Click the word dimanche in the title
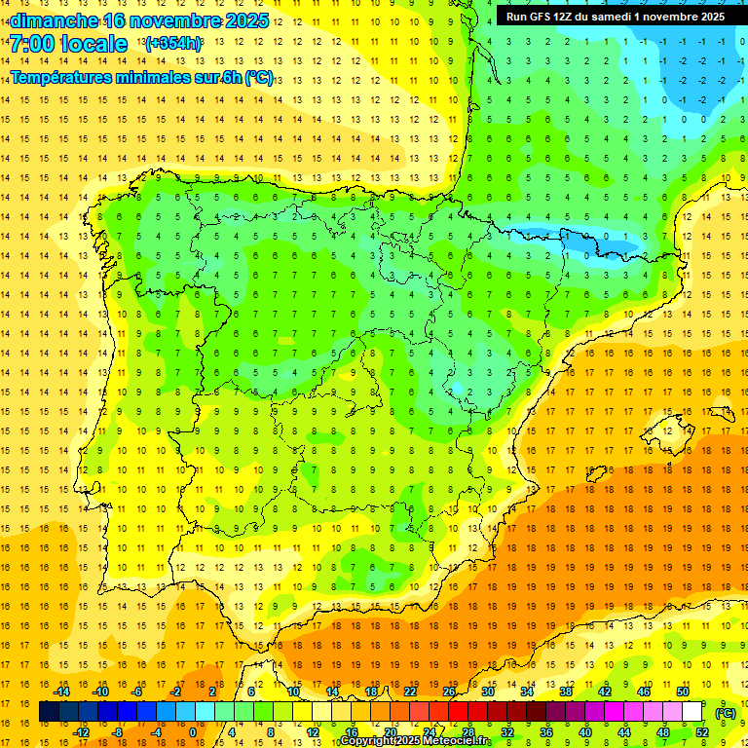point(55,19)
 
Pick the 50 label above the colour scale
point(682,692)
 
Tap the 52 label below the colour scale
point(702,732)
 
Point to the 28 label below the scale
point(467,732)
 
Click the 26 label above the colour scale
point(449,692)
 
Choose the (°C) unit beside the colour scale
point(725,713)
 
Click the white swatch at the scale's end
point(692,712)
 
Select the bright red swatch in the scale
point(458,712)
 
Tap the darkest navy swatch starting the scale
point(49,712)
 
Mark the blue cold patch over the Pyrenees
point(584,238)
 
